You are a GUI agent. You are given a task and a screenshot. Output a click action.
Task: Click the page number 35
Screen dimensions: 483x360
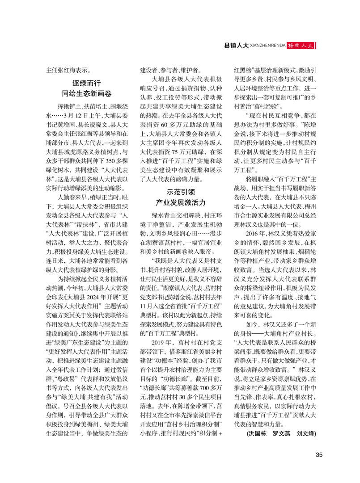click(x=319, y=455)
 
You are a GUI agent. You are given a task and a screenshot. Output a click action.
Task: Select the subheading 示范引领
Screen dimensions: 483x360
click(x=180, y=191)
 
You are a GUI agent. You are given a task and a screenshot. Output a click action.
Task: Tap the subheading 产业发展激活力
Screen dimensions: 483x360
click(x=180, y=202)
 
